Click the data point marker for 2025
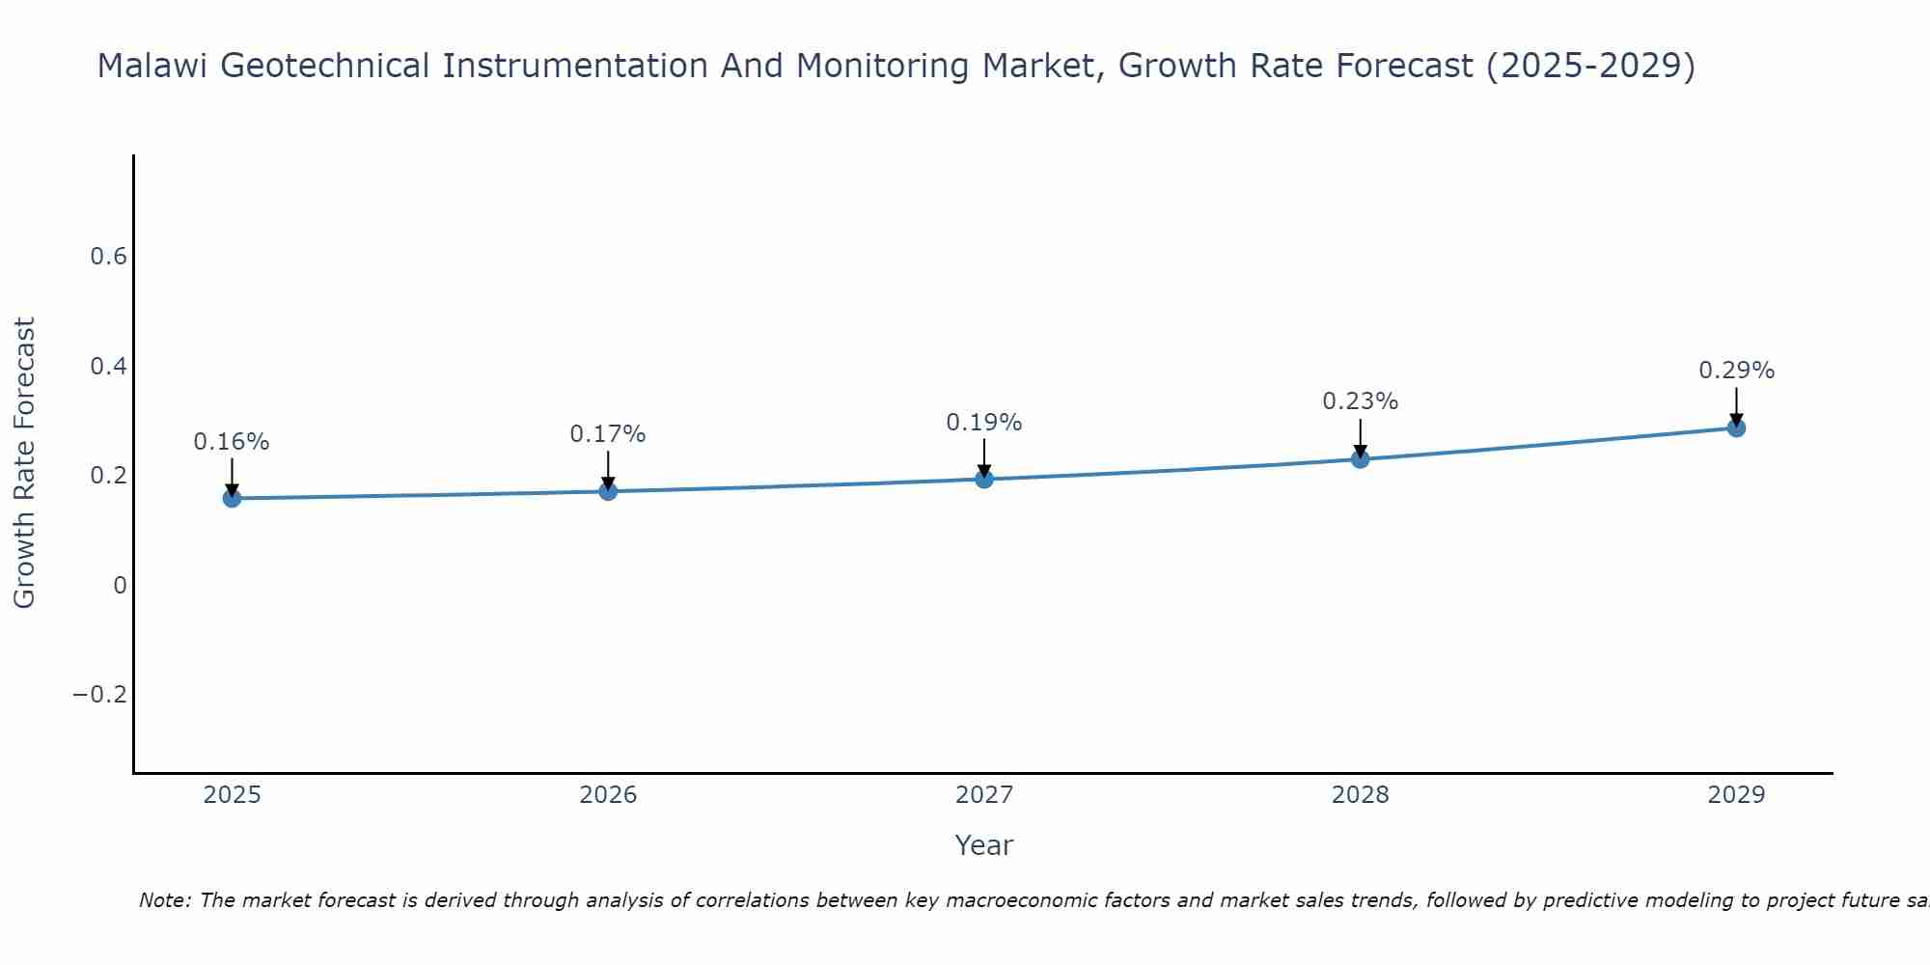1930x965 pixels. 232,498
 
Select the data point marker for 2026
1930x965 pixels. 608,491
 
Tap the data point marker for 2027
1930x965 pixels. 984,479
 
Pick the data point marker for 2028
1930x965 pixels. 1360,458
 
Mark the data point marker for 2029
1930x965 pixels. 1736,427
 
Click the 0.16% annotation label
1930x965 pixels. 232,442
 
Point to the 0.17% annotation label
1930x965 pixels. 608,434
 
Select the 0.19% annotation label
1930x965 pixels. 984,423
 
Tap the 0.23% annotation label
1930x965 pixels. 1360,401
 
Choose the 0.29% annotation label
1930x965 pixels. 1736,371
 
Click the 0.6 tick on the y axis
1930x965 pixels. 108,257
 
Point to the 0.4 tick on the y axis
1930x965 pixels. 108,367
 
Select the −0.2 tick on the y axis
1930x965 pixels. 100,695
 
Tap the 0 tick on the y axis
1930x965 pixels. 120,586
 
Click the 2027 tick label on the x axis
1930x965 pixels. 984,795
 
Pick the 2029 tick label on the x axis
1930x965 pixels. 1736,795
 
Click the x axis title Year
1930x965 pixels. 983,845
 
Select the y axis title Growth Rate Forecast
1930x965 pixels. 24,463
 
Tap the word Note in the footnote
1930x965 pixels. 163,901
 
